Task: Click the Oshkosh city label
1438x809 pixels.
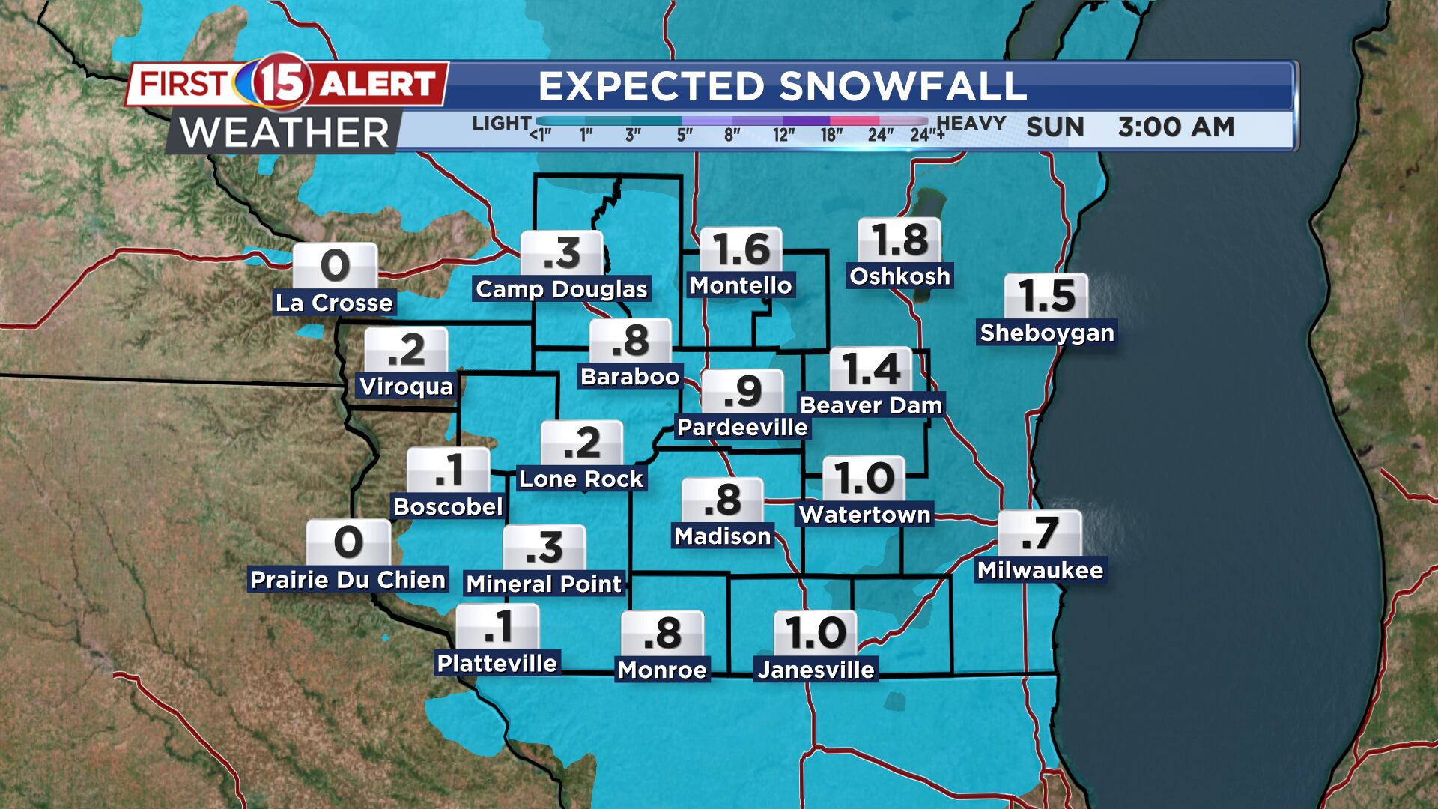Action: tap(899, 276)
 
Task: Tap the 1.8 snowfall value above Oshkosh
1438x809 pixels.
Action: tap(899, 241)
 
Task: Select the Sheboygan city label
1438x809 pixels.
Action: tap(1047, 333)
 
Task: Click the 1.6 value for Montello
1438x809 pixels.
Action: tap(741, 249)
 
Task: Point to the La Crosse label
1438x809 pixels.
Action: tap(334, 303)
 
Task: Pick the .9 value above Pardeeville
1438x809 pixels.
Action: tap(743, 391)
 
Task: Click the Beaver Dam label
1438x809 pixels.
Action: tap(871, 405)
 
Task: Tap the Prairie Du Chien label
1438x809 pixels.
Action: tap(348, 580)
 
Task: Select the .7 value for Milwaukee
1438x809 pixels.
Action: tap(1040, 533)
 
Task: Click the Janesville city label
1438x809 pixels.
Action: tap(816, 670)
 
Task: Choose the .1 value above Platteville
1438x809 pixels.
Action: tap(497, 626)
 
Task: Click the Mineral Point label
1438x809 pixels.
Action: tap(544, 584)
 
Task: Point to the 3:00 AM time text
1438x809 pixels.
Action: tap(1176, 127)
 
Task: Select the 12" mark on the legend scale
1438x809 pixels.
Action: tap(783, 135)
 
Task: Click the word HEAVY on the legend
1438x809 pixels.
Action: tap(971, 124)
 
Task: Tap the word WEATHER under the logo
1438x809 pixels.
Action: tap(285, 133)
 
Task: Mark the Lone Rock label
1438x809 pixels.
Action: tap(581, 479)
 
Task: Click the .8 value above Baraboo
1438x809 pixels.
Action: tap(630, 341)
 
